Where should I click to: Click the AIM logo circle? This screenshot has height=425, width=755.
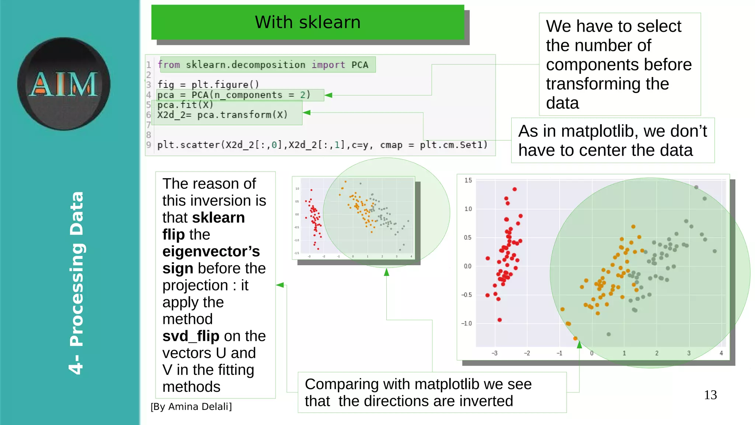[63, 84]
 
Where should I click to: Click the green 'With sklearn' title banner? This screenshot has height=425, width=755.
[307, 22]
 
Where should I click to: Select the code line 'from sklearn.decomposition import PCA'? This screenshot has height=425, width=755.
[263, 65]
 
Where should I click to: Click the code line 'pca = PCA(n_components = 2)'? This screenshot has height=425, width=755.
[234, 95]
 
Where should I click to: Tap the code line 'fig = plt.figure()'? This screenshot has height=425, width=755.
[208, 85]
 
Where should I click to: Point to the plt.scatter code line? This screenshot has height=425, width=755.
[322, 145]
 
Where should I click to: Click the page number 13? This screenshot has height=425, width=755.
[710, 395]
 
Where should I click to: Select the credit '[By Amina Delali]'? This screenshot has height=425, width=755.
[191, 407]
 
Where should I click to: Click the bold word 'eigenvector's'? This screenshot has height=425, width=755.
[211, 252]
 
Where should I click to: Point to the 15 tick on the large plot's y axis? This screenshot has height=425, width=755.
[468, 180]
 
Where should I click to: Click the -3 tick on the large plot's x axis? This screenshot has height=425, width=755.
[494, 353]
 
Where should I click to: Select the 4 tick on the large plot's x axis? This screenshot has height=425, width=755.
[721, 353]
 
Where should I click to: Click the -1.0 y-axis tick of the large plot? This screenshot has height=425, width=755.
[466, 324]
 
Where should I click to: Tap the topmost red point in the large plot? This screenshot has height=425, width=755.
[515, 189]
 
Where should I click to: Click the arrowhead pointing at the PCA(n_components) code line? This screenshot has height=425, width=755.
[328, 95]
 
